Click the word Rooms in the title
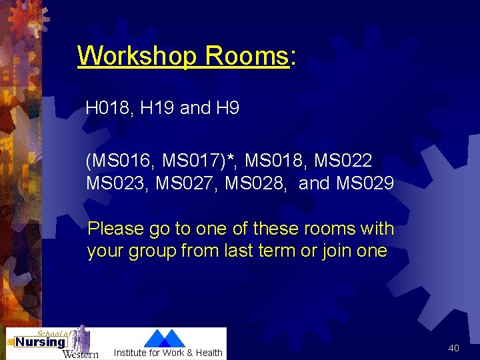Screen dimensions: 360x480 (x=247, y=56)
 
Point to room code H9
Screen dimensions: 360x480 (x=227, y=108)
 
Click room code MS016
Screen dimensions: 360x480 (x=121, y=161)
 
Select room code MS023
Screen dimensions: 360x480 (x=117, y=183)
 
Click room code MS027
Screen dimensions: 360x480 (x=186, y=183)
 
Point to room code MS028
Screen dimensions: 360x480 (x=255, y=183)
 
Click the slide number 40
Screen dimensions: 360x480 (x=453, y=348)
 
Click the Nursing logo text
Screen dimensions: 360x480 (x=40, y=342)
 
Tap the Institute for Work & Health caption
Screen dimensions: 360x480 (x=168, y=353)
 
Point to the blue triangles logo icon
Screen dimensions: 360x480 (x=165, y=337)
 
